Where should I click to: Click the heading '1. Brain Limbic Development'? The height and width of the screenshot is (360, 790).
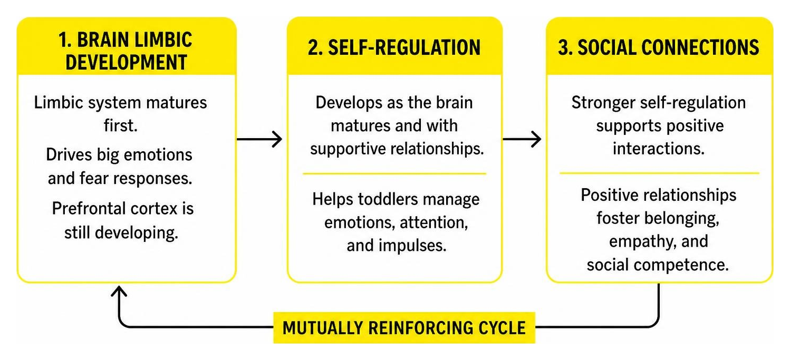(126, 51)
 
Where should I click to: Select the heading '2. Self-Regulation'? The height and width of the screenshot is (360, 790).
(394, 47)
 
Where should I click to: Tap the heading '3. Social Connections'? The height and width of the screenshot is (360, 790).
(659, 47)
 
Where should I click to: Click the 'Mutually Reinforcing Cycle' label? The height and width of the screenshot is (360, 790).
(404, 327)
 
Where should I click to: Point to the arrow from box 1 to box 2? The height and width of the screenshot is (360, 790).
(259, 139)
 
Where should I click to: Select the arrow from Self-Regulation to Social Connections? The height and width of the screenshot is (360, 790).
(522, 139)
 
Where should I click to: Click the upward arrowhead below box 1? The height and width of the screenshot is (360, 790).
(119, 291)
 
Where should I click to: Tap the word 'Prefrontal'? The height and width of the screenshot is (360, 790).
(89, 208)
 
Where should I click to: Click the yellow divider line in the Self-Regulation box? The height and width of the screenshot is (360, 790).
(394, 173)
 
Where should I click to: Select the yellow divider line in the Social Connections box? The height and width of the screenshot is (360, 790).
(659, 173)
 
